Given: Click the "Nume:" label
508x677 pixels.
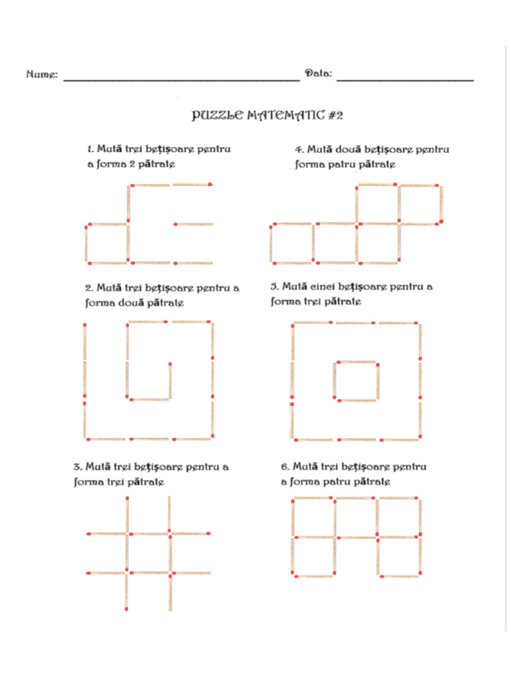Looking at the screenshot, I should (x=41, y=74).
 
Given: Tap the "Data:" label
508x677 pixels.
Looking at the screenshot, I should (x=318, y=73).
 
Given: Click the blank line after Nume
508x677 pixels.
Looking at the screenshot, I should (x=181, y=79).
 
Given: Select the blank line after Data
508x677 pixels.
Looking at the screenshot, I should (x=405, y=79).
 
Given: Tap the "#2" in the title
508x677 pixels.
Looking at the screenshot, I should (x=335, y=116).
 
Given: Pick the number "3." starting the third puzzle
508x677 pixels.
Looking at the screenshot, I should (x=77, y=467).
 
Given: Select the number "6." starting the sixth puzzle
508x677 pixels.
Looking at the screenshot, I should (x=285, y=467).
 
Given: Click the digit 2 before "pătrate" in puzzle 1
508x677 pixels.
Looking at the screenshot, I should (x=132, y=163).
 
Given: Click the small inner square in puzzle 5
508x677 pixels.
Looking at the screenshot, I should (x=356, y=381).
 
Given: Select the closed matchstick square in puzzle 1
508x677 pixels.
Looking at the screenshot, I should (x=106, y=244).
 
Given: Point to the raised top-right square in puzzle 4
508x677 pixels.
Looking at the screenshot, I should (x=419, y=204).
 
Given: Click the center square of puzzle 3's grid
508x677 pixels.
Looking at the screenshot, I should (x=148, y=553).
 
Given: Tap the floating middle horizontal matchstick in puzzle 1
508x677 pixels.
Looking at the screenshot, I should (x=194, y=224).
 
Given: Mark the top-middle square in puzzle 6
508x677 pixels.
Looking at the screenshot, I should (x=356, y=517).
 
